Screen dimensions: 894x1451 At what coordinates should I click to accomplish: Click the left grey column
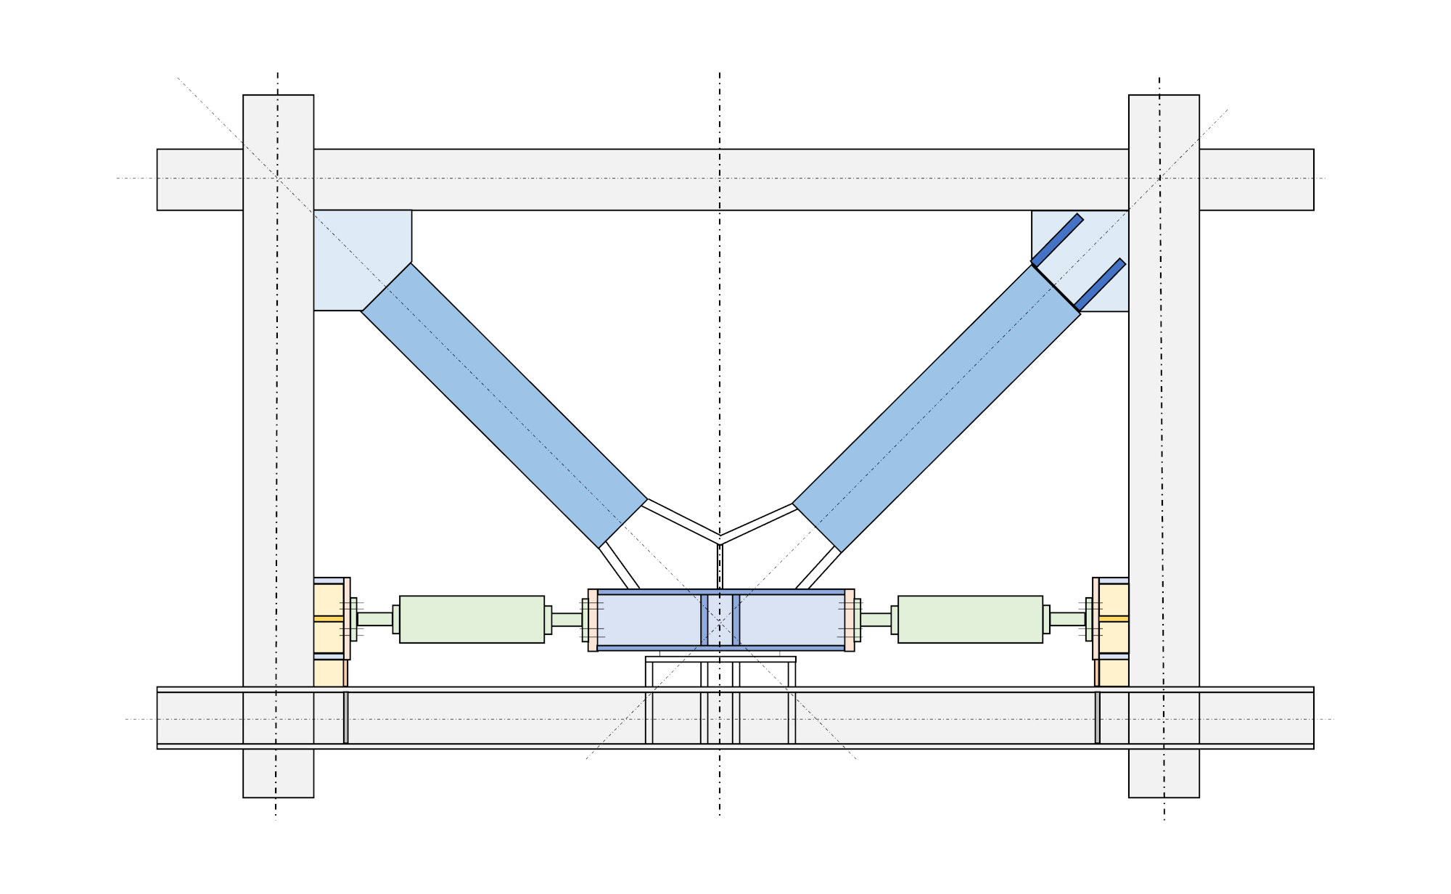[278, 435]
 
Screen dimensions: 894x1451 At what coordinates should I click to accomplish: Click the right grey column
[1164, 435]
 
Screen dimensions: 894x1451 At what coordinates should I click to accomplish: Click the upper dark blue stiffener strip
[1057, 240]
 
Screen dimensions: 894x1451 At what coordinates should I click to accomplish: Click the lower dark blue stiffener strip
[1100, 284]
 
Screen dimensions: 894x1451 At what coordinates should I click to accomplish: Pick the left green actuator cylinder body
[472, 619]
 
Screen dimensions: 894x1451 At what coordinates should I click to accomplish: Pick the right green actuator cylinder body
[970, 619]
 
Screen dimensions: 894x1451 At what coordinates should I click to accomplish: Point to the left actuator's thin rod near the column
[375, 619]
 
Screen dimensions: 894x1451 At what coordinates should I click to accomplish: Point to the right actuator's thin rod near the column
[1067, 619]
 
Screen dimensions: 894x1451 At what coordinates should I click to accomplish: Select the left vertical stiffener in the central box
[704, 620]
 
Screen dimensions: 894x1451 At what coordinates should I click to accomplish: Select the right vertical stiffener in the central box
[736, 620]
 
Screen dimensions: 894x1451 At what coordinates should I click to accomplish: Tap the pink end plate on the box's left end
[593, 620]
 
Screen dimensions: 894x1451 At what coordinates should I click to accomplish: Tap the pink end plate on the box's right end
[850, 620]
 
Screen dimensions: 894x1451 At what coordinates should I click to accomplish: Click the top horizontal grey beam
[718, 180]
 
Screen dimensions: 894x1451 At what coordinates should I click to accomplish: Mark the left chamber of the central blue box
[649, 620]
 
